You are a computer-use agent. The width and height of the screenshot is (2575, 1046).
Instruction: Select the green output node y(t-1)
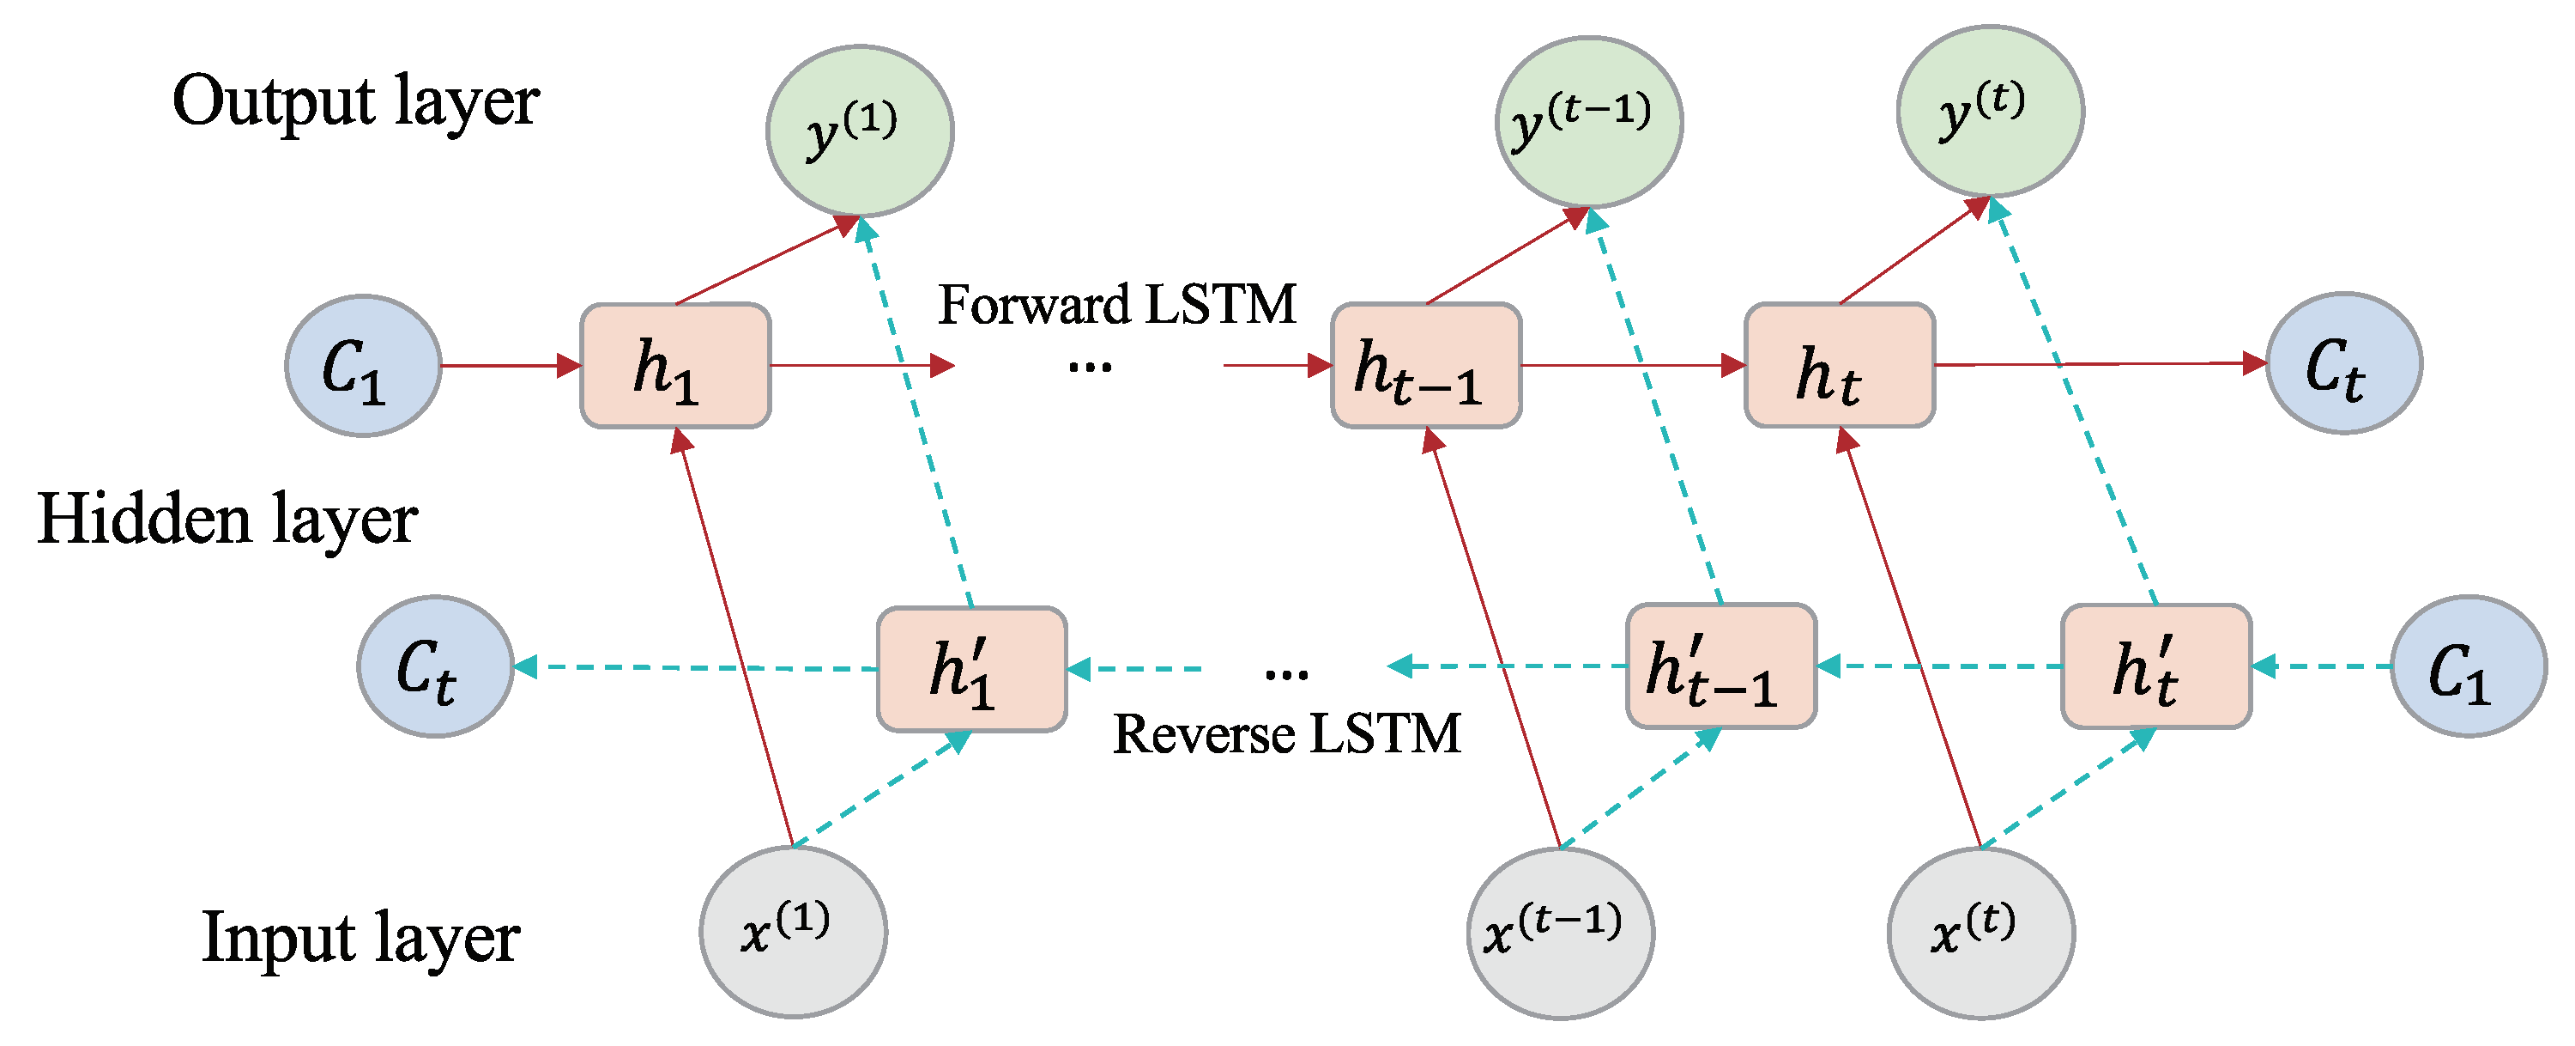point(1588,122)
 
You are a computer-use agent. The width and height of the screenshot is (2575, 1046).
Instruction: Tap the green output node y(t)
point(1989,111)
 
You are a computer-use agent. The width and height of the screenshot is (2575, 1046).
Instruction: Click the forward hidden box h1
point(676,366)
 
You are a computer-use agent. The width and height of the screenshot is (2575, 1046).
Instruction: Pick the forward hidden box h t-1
point(1425,366)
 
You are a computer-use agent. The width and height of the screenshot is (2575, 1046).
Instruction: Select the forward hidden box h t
point(1840,366)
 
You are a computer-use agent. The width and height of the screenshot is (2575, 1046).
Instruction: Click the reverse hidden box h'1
point(971,669)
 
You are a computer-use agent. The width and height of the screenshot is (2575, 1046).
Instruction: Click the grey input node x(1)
point(793,932)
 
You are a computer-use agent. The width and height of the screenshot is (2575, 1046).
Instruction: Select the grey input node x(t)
point(1980,933)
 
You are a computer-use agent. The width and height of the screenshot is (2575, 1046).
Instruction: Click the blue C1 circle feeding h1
point(363,366)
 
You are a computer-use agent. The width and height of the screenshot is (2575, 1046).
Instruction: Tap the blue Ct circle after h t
point(2343,363)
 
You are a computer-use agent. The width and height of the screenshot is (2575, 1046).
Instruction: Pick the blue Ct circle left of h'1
point(435,667)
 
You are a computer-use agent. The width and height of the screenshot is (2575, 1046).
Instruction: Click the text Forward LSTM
point(1116,304)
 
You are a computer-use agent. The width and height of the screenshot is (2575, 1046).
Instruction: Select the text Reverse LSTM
point(1286,734)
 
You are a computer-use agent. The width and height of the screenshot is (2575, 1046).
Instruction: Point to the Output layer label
point(356,102)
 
